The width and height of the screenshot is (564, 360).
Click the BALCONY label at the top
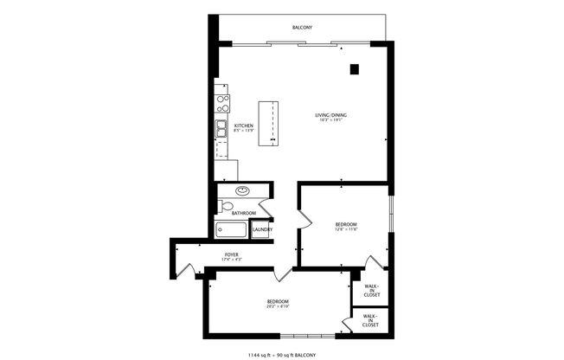point(301,29)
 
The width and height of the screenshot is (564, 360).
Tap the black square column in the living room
point(355,70)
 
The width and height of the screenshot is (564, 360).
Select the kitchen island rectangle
point(270,121)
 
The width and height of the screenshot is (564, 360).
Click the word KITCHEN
point(243,126)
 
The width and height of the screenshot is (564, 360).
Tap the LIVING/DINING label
point(332,115)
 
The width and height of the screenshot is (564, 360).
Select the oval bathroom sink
point(243,191)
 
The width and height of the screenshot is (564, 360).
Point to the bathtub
point(231,229)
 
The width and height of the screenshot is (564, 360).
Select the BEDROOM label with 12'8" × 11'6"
point(346,224)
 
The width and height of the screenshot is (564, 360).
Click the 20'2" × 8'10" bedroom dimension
point(277,305)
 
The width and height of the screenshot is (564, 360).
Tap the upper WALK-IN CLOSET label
point(370,289)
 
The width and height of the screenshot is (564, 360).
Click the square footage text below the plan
point(282,355)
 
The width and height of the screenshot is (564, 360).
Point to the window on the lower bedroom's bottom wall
point(304,335)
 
